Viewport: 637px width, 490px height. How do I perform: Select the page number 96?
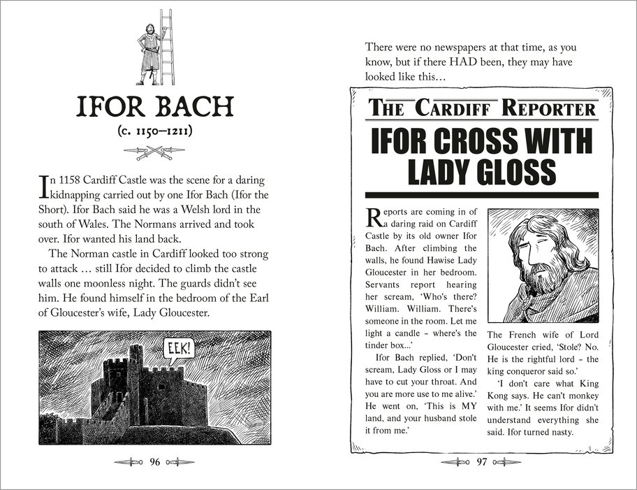155,462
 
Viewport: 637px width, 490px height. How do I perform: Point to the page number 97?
481,462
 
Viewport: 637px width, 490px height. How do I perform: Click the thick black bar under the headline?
481,194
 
